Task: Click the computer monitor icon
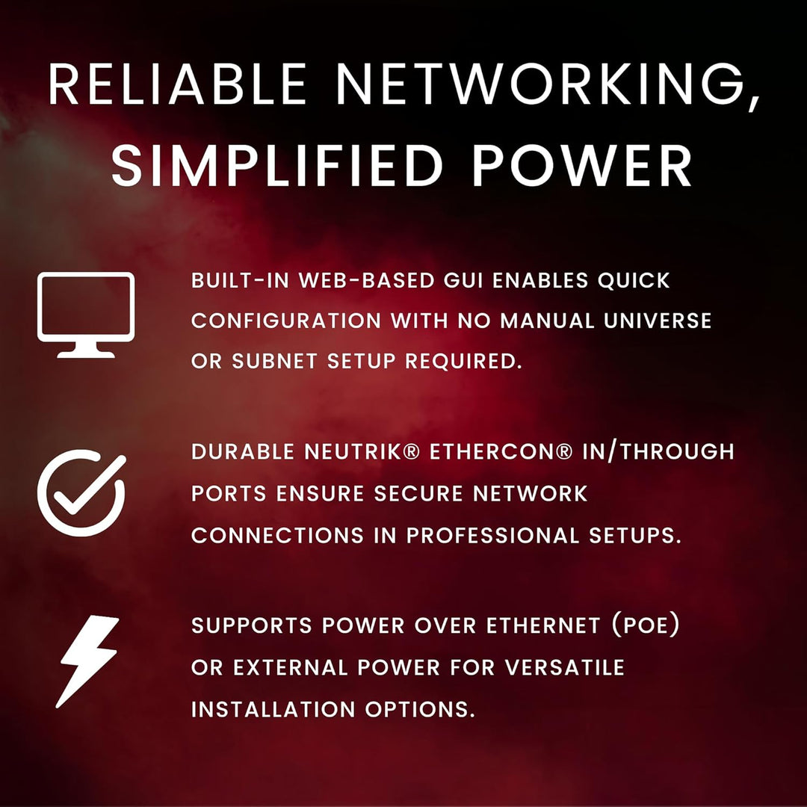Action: click(x=86, y=315)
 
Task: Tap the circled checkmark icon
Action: click(x=81, y=493)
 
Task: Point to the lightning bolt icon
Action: click(x=87, y=661)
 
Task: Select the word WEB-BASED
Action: click(x=367, y=280)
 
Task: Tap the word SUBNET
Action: click(x=275, y=361)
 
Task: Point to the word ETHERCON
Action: click(x=501, y=452)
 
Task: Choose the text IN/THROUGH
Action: click(x=658, y=452)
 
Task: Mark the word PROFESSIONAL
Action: click(x=492, y=535)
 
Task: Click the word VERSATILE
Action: click(x=565, y=667)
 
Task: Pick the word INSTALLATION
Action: click(x=273, y=709)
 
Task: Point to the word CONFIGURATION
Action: click(x=286, y=321)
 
